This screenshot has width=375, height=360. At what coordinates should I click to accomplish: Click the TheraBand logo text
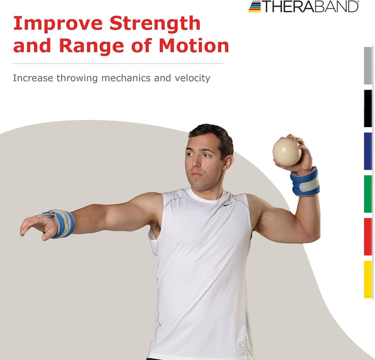click(x=310, y=6)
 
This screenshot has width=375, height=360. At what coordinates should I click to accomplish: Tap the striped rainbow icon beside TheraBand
click(x=255, y=6)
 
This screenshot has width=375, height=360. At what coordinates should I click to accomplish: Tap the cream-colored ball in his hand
click(x=287, y=152)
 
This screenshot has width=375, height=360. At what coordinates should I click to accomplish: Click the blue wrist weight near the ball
click(x=305, y=182)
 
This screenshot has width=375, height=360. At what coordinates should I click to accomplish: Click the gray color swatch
click(x=368, y=66)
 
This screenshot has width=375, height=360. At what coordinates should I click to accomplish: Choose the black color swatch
click(x=368, y=108)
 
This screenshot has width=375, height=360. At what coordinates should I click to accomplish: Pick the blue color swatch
click(x=368, y=151)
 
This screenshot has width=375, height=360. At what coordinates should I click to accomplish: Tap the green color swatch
click(x=368, y=194)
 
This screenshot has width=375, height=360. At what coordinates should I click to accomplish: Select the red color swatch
click(x=368, y=236)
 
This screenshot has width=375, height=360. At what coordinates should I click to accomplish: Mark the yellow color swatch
click(x=368, y=279)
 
